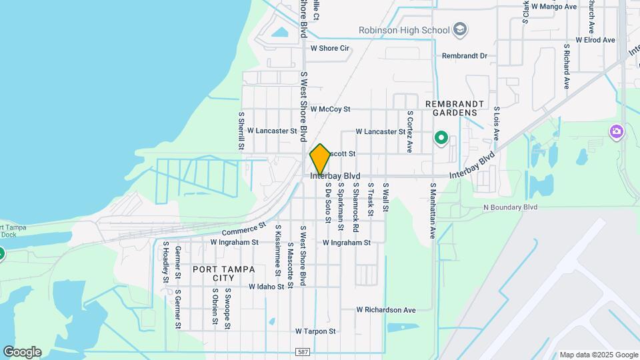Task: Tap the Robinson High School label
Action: click(404, 30)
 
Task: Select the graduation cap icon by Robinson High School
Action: click(460, 29)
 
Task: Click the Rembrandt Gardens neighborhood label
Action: click(451, 109)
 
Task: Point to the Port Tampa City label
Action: click(213, 273)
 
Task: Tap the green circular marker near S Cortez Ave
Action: click(441, 139)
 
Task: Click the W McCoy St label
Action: click(344, 109)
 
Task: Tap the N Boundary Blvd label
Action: click(510, 207)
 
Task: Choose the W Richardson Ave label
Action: click(385, 310)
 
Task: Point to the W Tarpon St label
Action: click(315, 331)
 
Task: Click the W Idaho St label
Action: click(267, 287)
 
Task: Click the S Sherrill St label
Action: click(241, 130)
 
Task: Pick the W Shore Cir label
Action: click(330, 48)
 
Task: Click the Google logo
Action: click(22, 352)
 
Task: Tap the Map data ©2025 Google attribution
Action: click(598, 355)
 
